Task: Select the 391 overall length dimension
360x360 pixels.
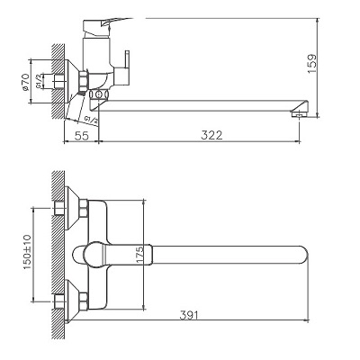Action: [x=189, y=315]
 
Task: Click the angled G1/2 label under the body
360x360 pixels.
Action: [x=90, y=117]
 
